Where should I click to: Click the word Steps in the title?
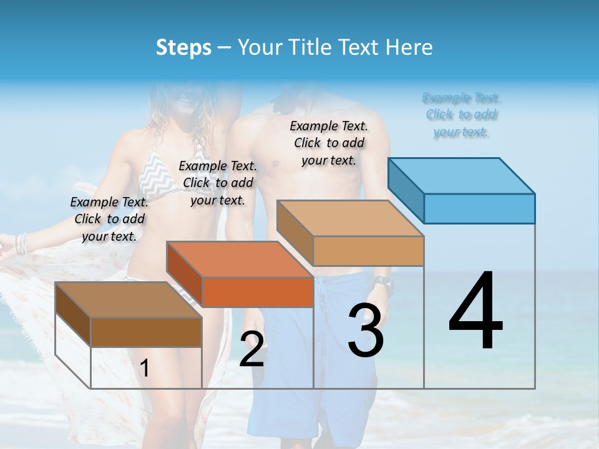(x=183, y=47)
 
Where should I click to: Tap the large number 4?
(x=475, y=312)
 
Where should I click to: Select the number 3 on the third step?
(x=365, y=331)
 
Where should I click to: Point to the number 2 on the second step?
(x=251, y=349)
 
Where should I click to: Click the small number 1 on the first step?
(x=144, y=369)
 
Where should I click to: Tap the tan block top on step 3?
(x=351, y=218)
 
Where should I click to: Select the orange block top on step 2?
(x=240, y=259)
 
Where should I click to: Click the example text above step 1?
(x=109, y=219)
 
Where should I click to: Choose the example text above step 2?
(x=218, y=183)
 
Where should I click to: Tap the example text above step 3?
(x=329, y=143)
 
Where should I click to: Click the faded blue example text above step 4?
(x=461, y=115)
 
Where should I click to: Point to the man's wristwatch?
(x=383, y=286)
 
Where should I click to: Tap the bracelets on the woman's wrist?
(x=22, y=243)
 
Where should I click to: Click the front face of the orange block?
(x=258, y=292)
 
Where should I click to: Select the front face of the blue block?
(x=479, y=208)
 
